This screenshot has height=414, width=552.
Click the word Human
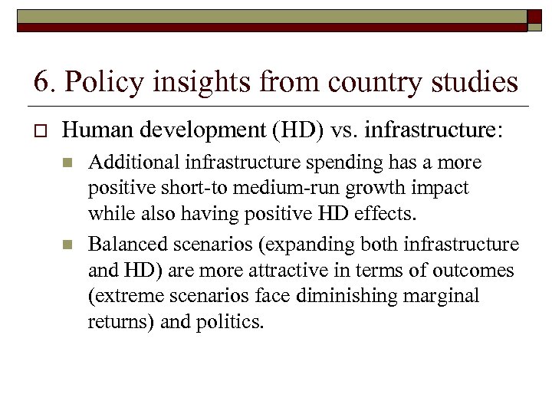pos(95,131)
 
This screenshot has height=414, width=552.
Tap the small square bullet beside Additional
pos(67,163)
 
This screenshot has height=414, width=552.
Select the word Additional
pos(133,163)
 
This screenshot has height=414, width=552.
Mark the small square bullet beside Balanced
pos(67,245)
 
